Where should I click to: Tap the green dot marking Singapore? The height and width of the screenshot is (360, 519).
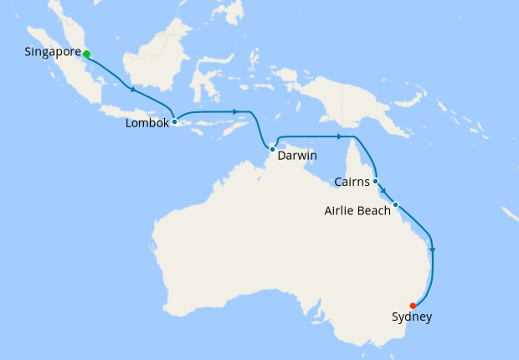tap(86, 54)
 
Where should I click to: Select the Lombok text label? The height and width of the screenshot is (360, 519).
tap(146, 122)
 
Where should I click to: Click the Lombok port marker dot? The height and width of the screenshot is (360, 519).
tap(174, 122)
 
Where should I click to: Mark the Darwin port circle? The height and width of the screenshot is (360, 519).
tap(273, 149)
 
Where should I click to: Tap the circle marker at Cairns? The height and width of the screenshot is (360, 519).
tap(376, 181)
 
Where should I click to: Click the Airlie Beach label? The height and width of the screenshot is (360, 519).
tap(357, 210)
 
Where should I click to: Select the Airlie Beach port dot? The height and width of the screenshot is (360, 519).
tap(395, 204)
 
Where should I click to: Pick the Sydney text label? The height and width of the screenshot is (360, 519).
tap(412, 316)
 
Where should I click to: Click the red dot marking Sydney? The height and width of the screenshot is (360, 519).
tap(413, 306)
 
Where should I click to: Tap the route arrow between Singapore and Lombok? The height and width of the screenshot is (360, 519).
tap(131, 89)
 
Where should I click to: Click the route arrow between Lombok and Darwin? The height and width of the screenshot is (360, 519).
tap(236, 111)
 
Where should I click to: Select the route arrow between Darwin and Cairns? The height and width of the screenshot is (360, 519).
tap(339, 136)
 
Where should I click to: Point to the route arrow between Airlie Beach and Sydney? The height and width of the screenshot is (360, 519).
tap(432, 249)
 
